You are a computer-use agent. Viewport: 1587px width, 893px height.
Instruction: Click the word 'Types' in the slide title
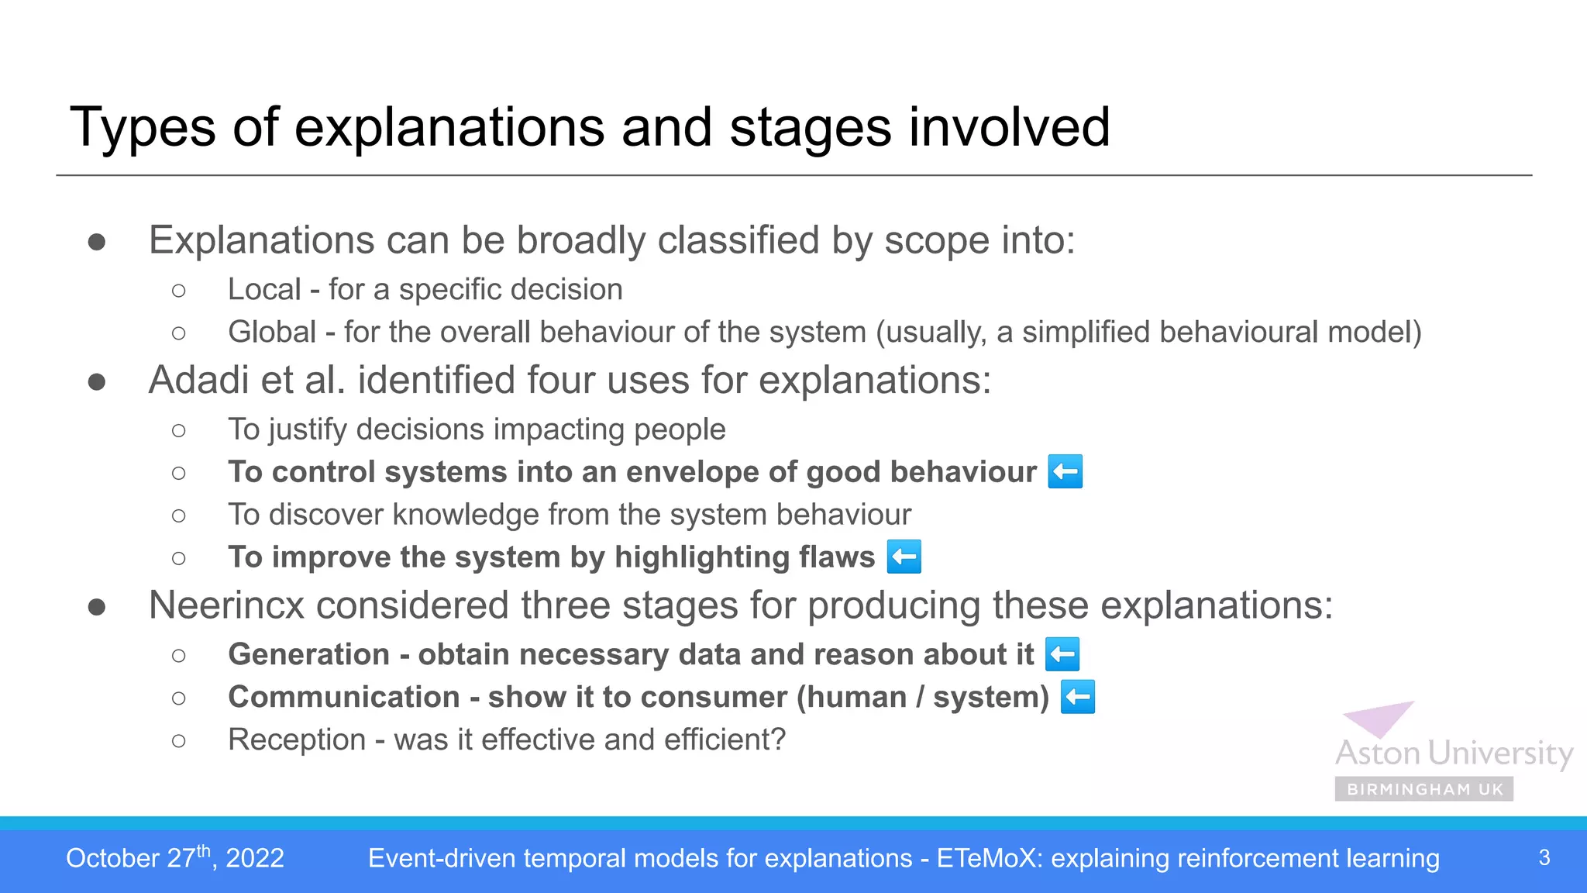click(143, 129)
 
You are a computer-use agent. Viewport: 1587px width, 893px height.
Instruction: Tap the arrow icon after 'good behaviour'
click(1065, 472)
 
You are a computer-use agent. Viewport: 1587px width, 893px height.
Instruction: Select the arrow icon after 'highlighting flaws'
click(904, 557)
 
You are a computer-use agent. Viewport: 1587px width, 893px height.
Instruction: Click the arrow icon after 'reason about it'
click(1062, 654)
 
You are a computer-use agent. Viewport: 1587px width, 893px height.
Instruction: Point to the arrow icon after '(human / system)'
click(1077, 697)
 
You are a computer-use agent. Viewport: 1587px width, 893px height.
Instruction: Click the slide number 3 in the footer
click(1544, 858)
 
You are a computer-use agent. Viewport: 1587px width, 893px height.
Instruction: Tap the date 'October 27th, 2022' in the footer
click(175, 858)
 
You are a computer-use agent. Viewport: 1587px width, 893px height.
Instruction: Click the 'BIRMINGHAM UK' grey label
click(1424, 789)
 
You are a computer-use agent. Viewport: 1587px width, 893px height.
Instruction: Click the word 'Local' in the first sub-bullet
click(263, 290)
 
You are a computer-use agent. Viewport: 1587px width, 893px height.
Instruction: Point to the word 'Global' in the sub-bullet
click(271, 333)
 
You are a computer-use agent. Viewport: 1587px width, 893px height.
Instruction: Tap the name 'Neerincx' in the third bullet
click(226, 605)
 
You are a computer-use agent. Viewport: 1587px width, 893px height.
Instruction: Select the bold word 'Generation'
click(308, 654)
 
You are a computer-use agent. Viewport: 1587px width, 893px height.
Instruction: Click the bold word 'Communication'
click(344, 697)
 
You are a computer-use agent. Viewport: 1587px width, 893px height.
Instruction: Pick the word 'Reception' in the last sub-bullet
click(296, 740)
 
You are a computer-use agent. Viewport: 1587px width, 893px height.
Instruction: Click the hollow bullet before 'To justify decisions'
click(179, 430)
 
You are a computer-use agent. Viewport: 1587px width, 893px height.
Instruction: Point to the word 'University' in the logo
click(1500, 753)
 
